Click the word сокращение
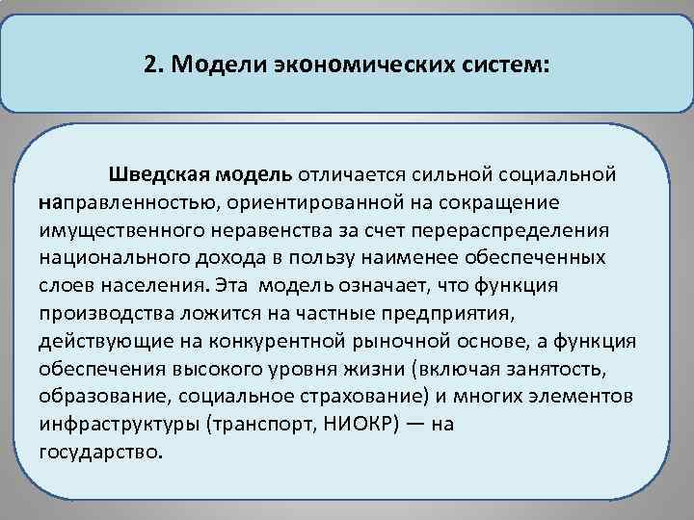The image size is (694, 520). pos(518,204)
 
